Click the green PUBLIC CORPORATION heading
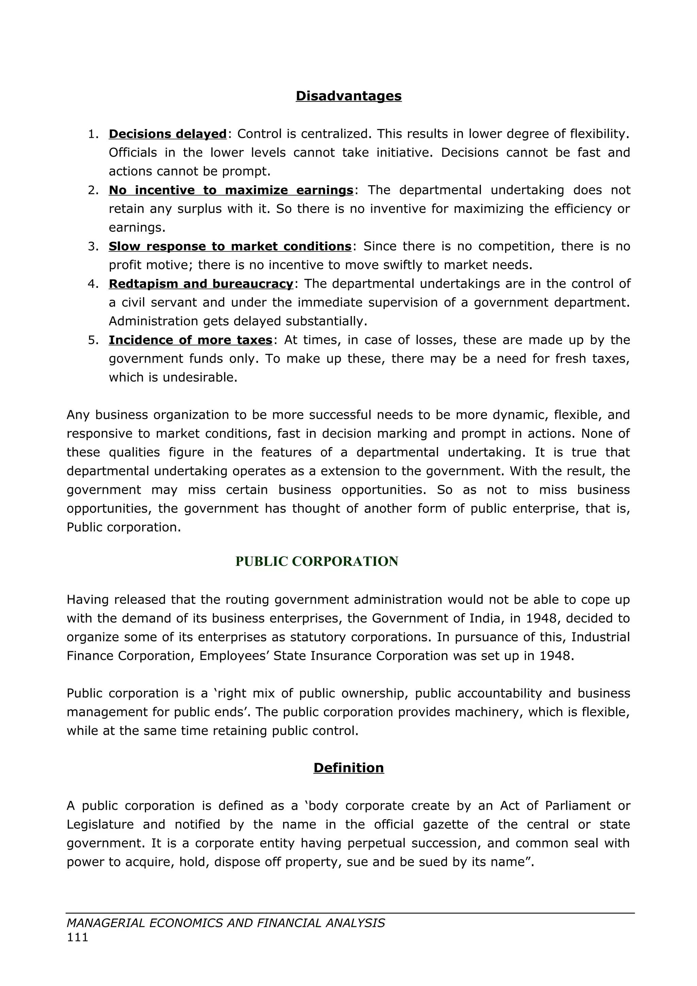point(317,561)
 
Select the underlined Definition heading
point(348,768)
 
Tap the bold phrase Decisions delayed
point(167,134)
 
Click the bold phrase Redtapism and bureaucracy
point(200,284)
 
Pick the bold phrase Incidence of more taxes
point(190,340)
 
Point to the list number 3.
point(93,246)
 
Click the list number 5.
point(93,340)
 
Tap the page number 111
point(77,937)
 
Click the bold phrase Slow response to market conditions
point(230,246)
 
